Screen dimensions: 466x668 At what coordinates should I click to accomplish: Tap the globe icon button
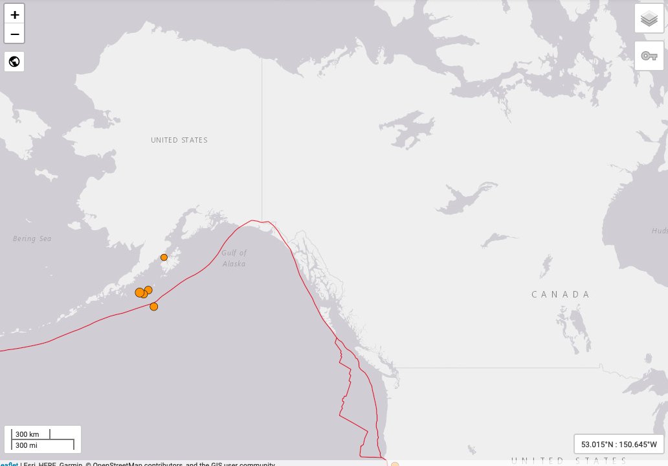(x=14, y=62)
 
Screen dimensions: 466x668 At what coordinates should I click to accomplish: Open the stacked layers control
(x=649, y=19)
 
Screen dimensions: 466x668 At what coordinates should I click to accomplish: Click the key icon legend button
(x=649, y=56)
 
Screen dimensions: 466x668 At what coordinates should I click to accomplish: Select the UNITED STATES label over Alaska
(x=179, y=140)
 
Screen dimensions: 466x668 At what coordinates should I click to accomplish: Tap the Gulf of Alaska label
(x=234, y=259)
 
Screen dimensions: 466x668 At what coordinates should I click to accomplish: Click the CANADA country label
(x=561, y=294)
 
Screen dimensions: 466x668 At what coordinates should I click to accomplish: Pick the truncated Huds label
(x=659, y=231)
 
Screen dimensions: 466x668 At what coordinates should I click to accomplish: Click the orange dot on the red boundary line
(x=154, y=307)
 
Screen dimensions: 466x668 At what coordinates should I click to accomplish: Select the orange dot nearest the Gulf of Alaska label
(x=164, y=257)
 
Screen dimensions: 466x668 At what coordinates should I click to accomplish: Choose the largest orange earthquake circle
(x=139, y=292)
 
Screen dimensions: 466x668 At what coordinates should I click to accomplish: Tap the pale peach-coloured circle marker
(x=395, y=463)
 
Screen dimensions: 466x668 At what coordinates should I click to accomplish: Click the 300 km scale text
(x=28, y=434)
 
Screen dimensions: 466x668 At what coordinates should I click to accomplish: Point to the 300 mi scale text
(x=27, y=445)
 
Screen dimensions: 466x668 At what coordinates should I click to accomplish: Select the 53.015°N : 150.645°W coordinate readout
(x=619, y=445)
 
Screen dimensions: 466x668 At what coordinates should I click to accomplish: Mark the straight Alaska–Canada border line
(x=262, y=143)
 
